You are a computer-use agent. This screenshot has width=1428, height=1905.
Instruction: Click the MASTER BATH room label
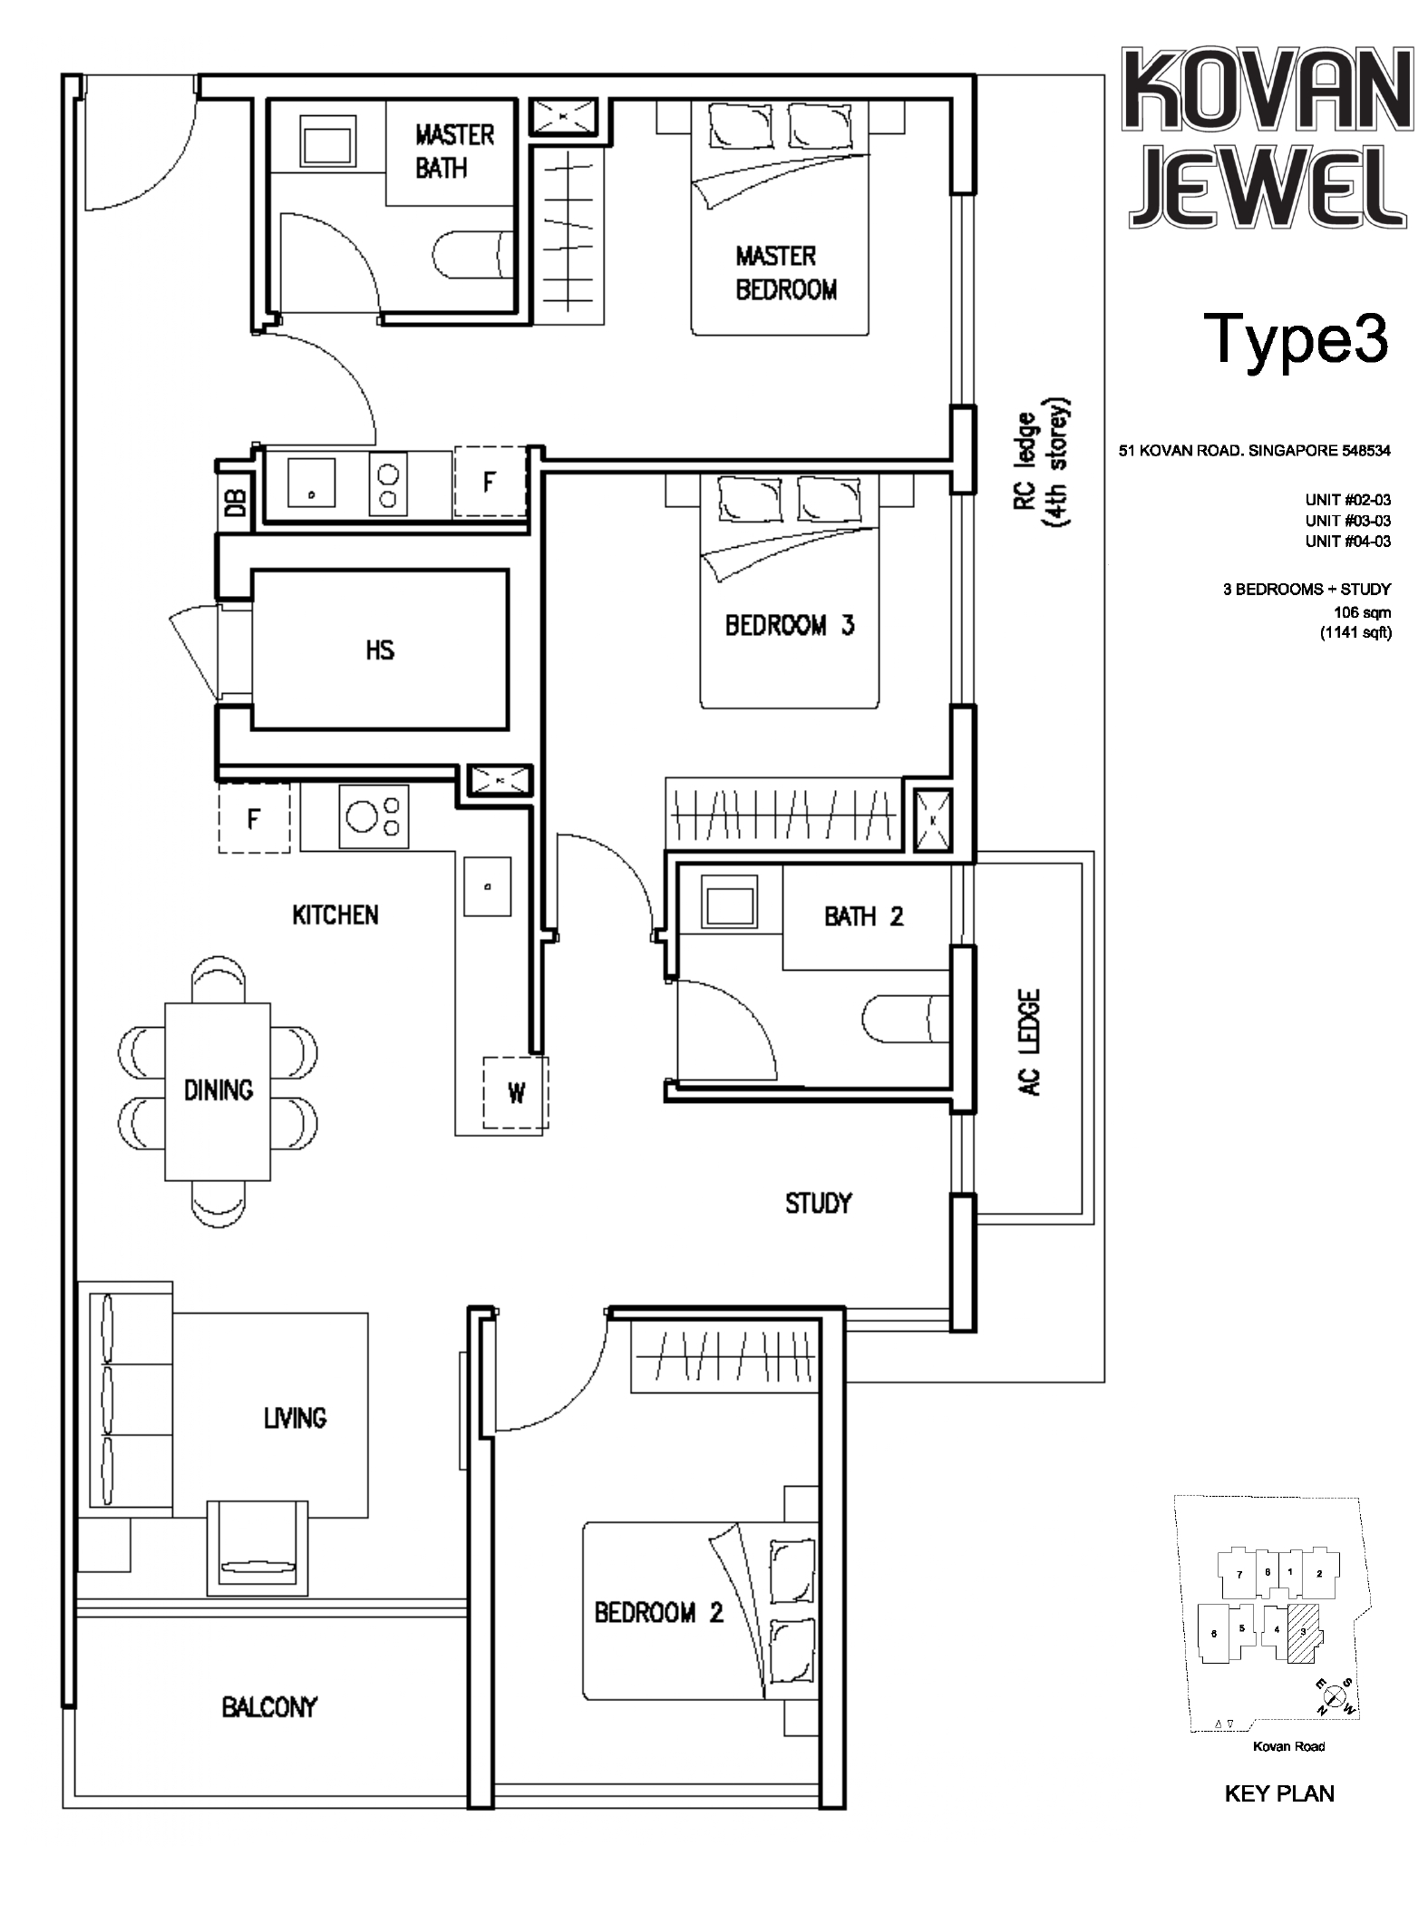[x=454, y=151]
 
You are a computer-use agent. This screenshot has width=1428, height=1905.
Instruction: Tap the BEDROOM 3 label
[x=790, y=625]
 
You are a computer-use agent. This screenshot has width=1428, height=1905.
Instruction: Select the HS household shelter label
[x=380, y=650]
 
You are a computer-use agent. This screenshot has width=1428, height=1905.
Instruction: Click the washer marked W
[x=515, y=1093]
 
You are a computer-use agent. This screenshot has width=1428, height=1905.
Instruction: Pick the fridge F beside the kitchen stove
[x=255, y=819]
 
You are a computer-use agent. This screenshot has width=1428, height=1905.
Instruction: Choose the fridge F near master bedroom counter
[x=490, y=482]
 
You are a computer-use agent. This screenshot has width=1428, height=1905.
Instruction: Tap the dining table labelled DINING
[x=218, y=1090]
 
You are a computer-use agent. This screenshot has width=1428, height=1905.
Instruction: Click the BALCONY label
[x=269, y=1707]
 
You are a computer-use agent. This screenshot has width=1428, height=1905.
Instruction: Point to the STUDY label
[x=818, y=1204]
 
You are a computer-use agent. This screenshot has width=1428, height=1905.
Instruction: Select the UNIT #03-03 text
[x=1347, y=521]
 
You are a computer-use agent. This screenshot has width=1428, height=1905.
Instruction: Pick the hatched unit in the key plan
[x=1303, y=1632]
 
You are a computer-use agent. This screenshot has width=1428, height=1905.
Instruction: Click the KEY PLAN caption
[x=1279, y=1793]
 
